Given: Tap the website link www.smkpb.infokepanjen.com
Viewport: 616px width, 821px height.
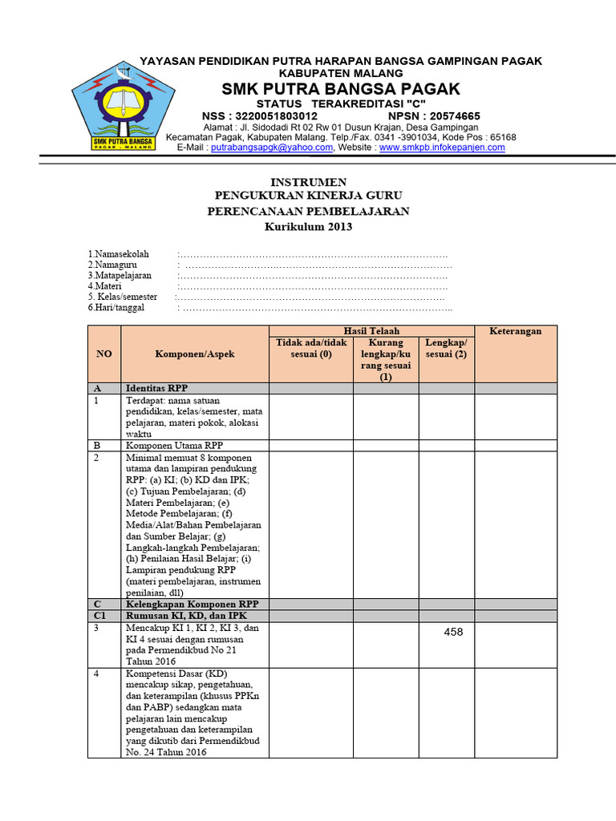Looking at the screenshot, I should coord(442,148).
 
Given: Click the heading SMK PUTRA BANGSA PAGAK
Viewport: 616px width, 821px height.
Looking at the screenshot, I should coord(341,88).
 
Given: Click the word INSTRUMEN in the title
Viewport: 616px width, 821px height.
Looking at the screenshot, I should coord(308,182).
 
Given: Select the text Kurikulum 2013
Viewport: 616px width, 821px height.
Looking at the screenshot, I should coord(308,227).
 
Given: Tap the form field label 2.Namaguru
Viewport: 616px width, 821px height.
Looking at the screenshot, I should coord(113,265).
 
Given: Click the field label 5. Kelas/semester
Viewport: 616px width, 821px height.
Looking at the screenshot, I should coord(123,297).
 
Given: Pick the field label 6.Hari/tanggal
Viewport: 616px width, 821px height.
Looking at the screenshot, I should coord(116,308).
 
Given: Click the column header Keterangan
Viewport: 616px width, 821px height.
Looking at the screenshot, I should coord(515,331).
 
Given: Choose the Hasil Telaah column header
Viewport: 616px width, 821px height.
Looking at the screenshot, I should coord(371,331).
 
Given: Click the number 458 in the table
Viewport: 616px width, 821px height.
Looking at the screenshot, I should coord(453,633).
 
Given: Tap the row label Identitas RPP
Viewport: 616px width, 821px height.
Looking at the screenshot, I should coord(156,388).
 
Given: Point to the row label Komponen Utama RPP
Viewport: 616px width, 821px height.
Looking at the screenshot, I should coord(170,445).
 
